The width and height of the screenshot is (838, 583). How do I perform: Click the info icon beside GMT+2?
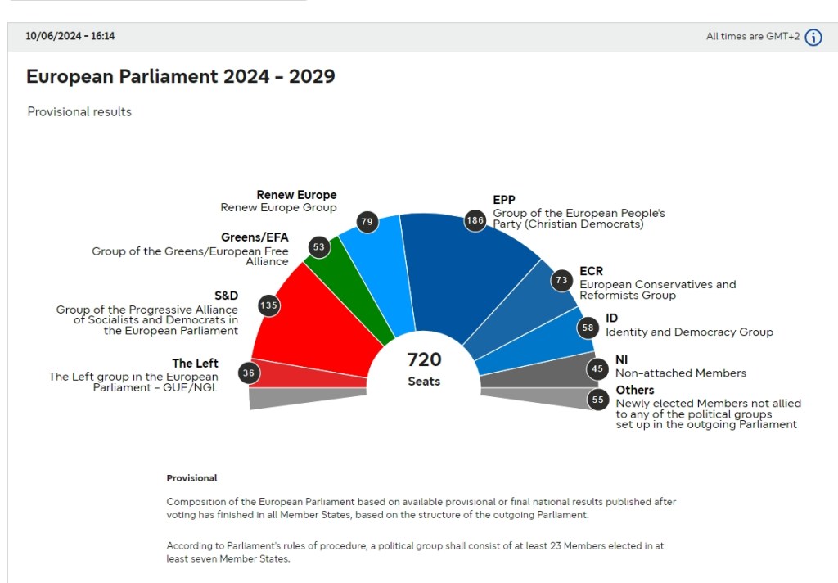pos(813,37)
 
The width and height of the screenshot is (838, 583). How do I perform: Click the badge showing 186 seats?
pos(475,220)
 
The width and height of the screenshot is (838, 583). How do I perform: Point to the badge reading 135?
pos(268,306)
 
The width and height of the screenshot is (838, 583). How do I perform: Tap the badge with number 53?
pos(319,246)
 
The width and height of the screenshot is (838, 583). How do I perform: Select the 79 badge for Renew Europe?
pos(367,221)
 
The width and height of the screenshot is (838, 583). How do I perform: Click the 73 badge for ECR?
pos(561,280)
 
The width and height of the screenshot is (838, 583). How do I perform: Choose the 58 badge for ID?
pos(588,328)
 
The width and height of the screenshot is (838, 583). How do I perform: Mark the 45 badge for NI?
pos(598,368)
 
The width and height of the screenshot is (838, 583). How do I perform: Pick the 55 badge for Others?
pos(598,400)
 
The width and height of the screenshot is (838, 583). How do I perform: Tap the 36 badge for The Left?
pos(249,373)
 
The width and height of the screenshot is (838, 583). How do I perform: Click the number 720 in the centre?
pos(424,359)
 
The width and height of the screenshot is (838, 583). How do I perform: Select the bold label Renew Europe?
pos(296,195)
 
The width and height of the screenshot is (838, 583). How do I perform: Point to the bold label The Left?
pos(195,364)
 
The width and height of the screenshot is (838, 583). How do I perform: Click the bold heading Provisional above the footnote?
pos(191,478)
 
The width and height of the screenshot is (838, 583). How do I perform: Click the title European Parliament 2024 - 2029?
pos(180,76)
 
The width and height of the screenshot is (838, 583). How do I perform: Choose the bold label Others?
pos(634,390)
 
